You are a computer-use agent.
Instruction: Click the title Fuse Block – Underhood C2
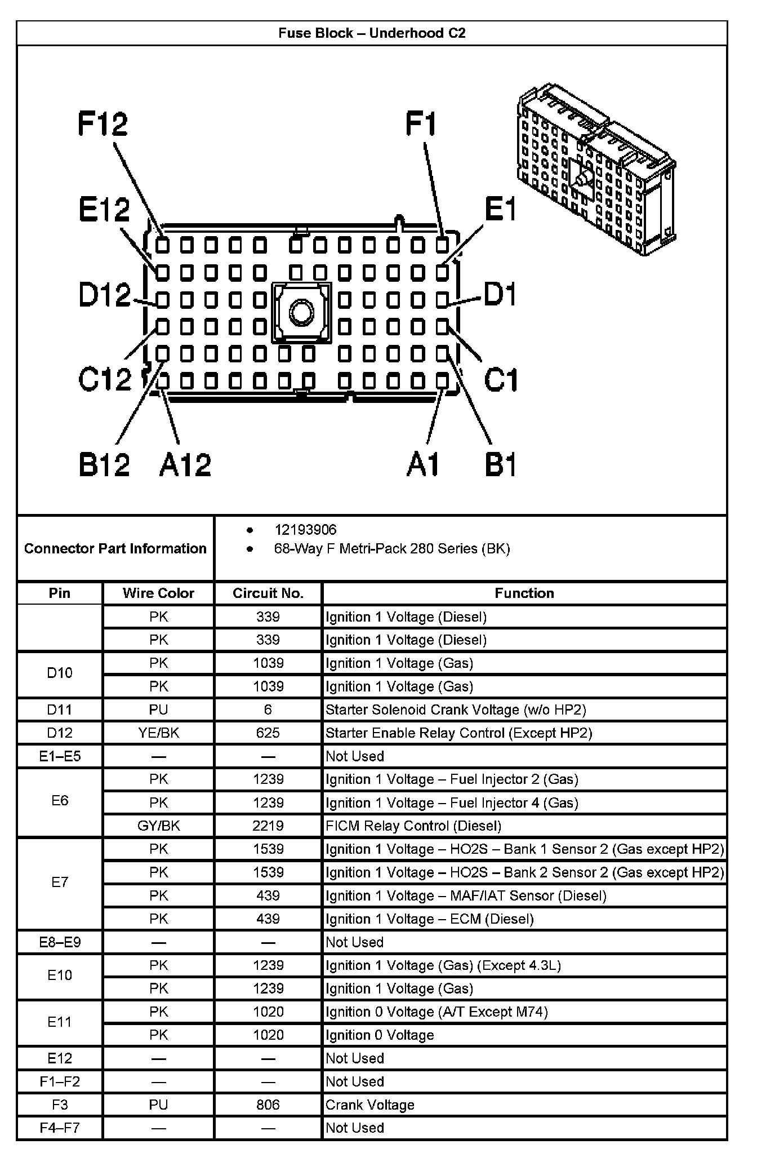tap(372, 33)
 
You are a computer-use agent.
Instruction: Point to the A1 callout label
tap(422, 465)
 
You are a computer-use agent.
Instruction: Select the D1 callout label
tap(500, 295)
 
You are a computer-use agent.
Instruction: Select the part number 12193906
tap(305, 530)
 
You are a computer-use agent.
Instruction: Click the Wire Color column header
tap(158, 593)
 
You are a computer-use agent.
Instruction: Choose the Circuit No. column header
tap(268, 593)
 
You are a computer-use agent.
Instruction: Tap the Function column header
tap(524, 593)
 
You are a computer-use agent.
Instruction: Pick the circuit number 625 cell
tap(268, 733)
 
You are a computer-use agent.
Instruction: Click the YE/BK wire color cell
tap(158, 733)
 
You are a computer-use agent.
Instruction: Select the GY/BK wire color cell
tap(158, 826)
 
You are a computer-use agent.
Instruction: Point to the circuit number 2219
tap(268, 826)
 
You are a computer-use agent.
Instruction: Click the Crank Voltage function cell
tap(370, 1105)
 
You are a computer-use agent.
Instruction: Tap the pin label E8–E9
tap(60, 942)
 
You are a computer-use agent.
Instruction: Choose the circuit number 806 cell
tap(268, 1105)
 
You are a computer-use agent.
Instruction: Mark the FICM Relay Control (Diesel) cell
tap(413, 826)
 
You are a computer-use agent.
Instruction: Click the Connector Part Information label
tap(115, 549)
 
